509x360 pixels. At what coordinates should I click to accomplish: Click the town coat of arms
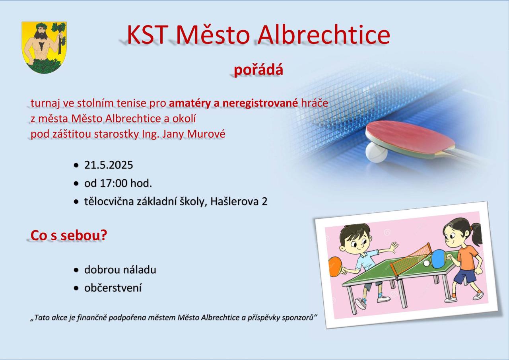[x=44, y=47]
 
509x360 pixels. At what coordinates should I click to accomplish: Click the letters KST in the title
[x=148, y=35]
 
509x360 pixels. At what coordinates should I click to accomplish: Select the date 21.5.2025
[x=109, y=165]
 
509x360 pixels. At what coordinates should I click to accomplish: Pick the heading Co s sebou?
[x=69, y=235]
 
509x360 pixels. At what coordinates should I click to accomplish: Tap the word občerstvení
[x=113, y=288]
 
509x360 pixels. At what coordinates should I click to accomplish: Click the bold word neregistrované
[x=260, y=103]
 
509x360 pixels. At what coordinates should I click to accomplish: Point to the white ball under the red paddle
[x=376, y=152]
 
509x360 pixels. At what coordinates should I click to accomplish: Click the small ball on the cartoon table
[x=427, y=263]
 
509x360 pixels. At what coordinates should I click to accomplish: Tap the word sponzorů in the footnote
[x=297, y=318]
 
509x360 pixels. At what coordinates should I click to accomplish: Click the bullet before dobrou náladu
[x=76, y=270]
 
